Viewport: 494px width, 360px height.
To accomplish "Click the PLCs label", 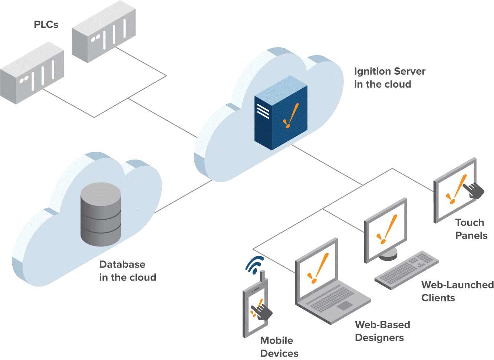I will coord(46,25).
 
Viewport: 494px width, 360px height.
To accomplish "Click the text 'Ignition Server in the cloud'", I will coord(389,78).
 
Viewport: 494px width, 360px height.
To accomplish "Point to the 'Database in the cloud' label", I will coord(127,271).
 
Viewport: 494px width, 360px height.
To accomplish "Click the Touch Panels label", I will coord(471,229).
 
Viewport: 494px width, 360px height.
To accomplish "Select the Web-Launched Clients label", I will coord(457,291).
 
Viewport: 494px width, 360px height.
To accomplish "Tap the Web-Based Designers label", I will coord(382,331).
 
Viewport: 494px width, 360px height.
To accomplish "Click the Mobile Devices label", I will coord(279,347).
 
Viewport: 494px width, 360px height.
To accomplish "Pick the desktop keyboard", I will coord(406,270).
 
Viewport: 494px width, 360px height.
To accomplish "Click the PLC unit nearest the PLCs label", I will coord(103,32).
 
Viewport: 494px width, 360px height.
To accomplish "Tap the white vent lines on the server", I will coord(263,111).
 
